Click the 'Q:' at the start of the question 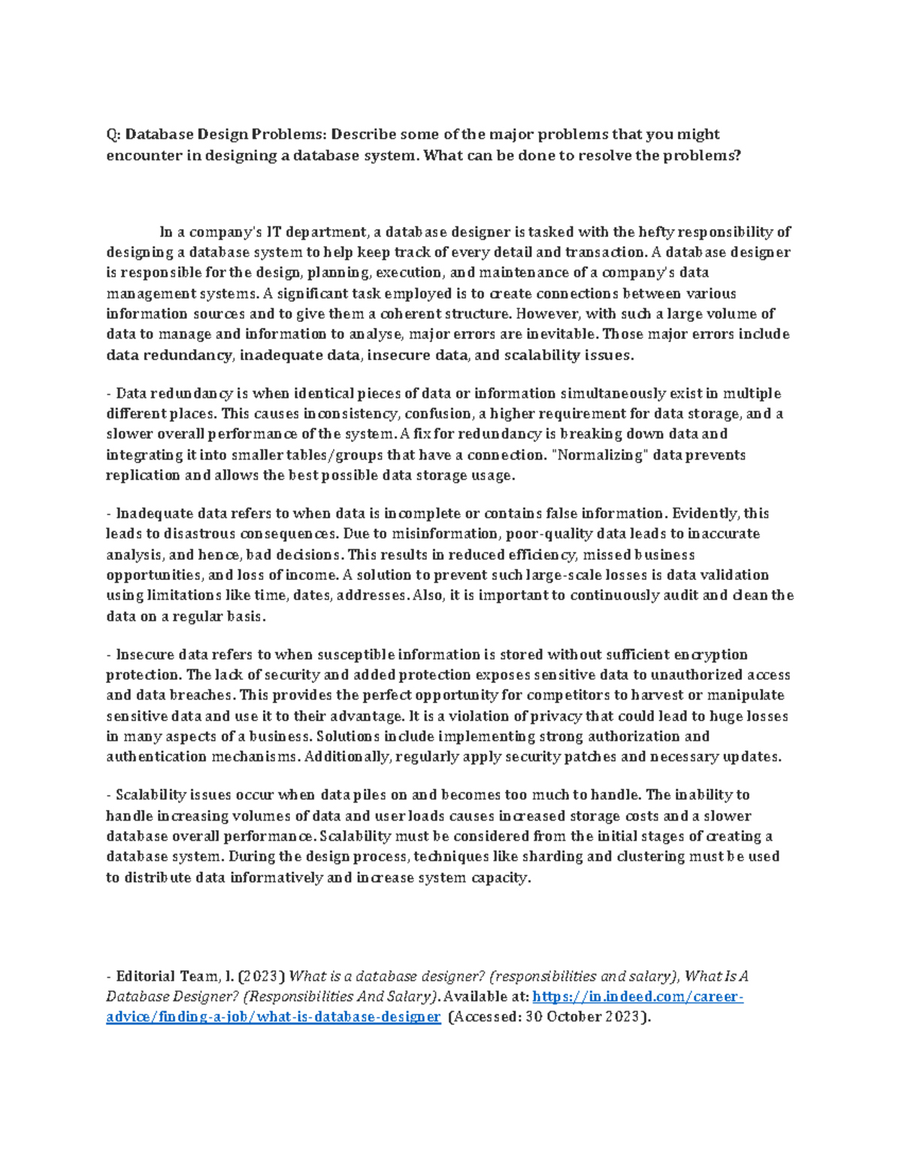coord(114,135)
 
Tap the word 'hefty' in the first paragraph coord(659,232)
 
